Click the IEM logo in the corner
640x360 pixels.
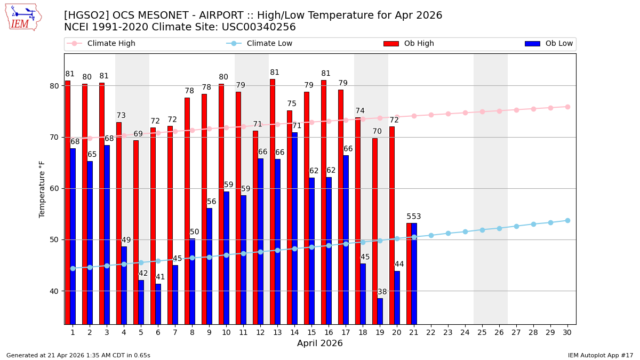click(23, 17)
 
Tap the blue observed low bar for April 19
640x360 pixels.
click(380, 311)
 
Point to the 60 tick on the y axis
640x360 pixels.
click(56, 188)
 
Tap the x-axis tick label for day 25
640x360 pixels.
click(482, 332)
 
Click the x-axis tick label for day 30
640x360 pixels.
click(567, 332)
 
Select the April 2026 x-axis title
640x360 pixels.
click(320, 343)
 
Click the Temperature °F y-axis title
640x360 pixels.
click(43, 189)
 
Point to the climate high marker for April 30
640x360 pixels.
click(567, 107)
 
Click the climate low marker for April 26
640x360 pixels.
click(499, 228)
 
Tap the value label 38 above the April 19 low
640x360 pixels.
click(382, 292)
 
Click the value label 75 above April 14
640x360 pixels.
click(292, 104)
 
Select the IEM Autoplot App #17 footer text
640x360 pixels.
click(601, 355)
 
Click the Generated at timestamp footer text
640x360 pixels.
click(78, 355)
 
